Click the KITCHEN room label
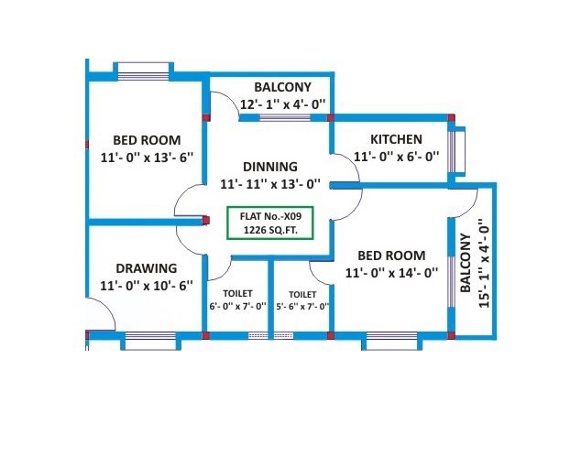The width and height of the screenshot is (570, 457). click(396, 139)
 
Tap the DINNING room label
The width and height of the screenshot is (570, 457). click(270, 167)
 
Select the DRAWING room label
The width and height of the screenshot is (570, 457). click(147, 268)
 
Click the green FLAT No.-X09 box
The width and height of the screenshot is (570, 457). click(269, 223)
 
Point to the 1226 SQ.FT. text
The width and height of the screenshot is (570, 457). click(269, 231)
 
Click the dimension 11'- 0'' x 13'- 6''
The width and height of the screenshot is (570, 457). click(147, 157)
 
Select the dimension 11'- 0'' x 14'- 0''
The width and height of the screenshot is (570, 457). click(391, 272)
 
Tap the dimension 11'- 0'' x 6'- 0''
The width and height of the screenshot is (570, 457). click(396, 157)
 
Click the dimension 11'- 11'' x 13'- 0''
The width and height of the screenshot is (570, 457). click(270, 183)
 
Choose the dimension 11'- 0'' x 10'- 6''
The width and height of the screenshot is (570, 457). click(147, 285)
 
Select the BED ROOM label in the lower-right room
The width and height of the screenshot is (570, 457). click(391, 256)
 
